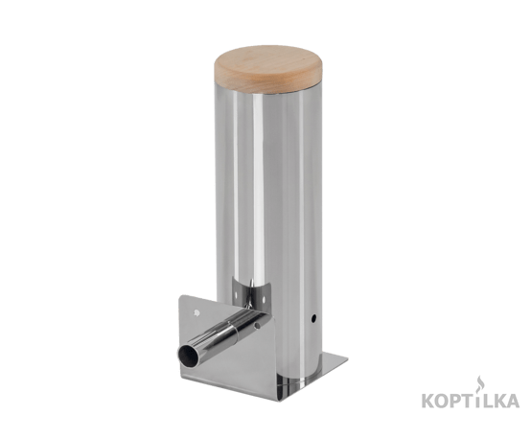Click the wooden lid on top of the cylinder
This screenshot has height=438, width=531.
click(267, 70)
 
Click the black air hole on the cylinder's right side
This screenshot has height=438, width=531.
click(313, 318)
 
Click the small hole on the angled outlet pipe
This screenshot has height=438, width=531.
click(257, 326)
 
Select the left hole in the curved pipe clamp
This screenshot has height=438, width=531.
click(236, 295)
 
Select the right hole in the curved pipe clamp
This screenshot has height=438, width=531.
click(265, 299)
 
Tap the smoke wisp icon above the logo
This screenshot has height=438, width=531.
click(478, 383)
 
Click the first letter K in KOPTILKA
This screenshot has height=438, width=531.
click(428, 401)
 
